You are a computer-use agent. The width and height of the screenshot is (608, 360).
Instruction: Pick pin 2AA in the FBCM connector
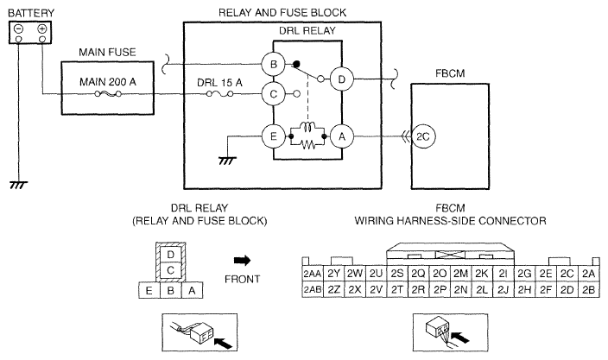coord(313,274)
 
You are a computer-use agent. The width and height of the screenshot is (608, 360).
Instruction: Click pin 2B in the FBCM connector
coord(589,289)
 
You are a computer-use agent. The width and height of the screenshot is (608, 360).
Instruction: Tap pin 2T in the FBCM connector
coord(397,289)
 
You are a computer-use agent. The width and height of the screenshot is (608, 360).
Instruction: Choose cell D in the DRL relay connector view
coord(170,255)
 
